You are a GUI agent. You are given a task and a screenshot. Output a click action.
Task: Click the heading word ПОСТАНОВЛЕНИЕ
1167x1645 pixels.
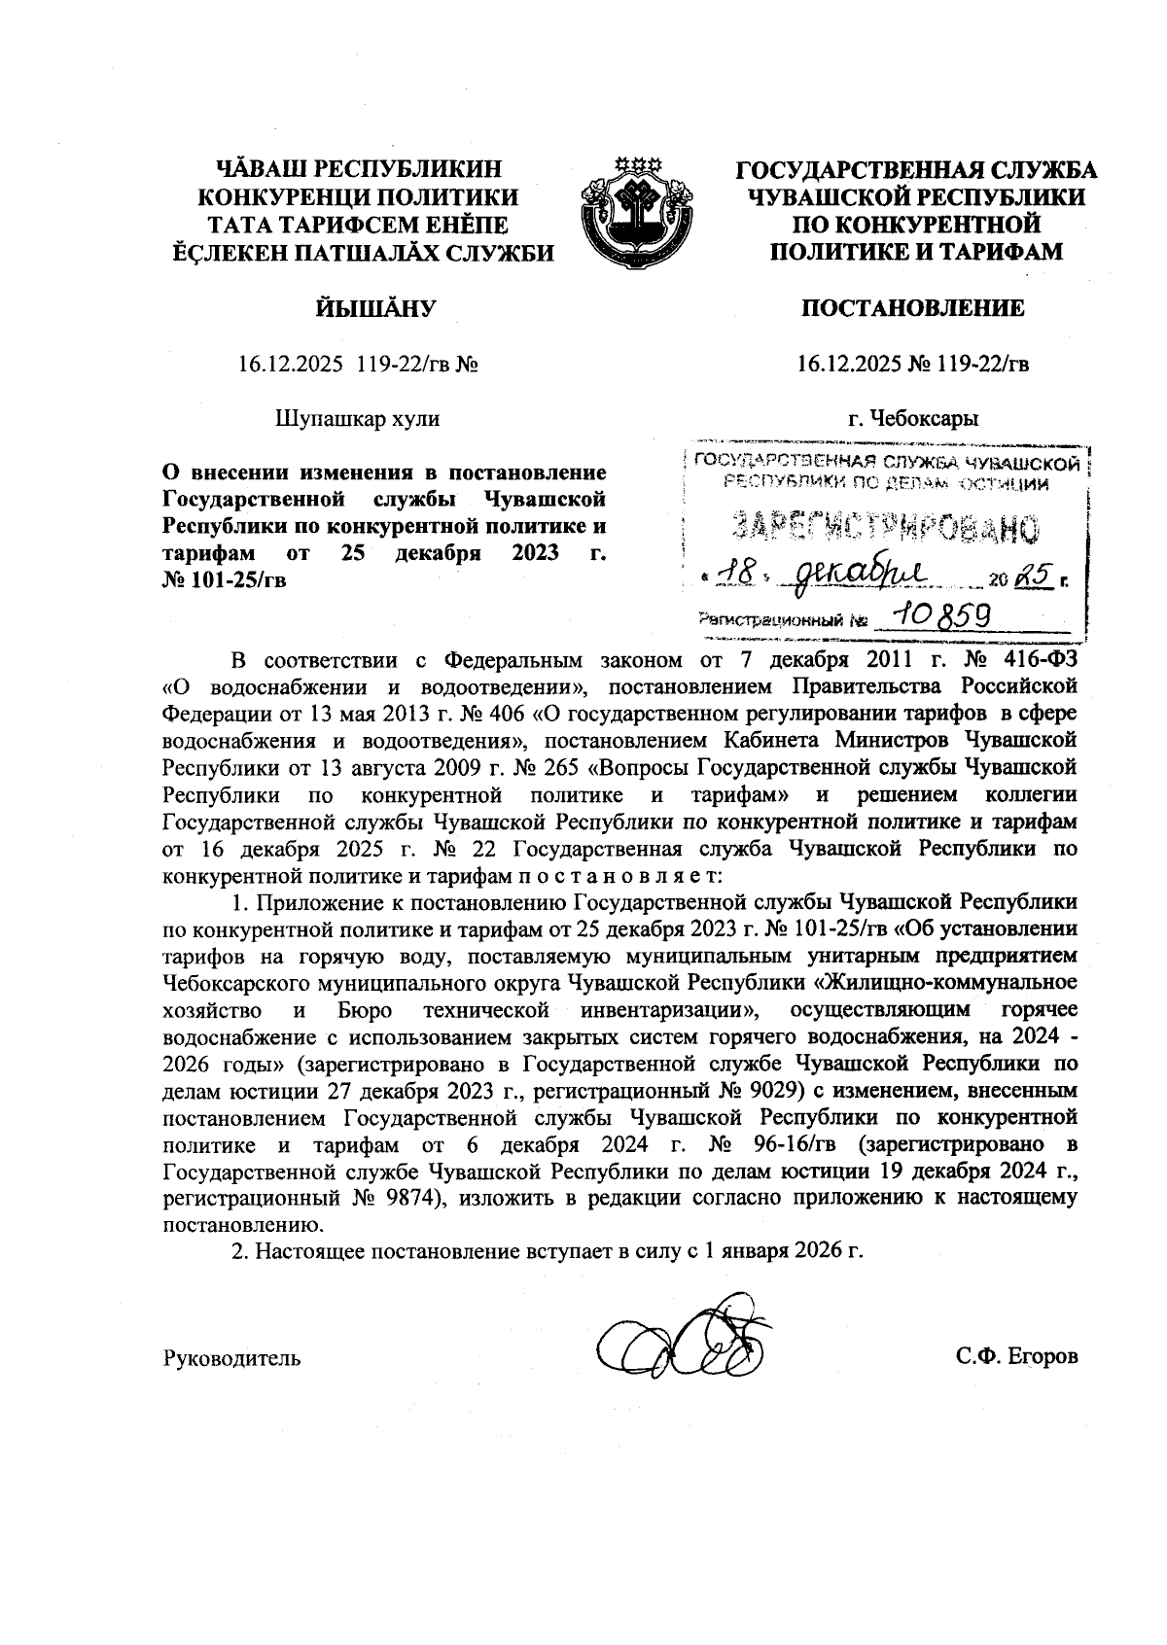[x=912, y=309]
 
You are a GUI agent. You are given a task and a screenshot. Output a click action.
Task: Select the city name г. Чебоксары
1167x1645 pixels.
[x=912, y=419]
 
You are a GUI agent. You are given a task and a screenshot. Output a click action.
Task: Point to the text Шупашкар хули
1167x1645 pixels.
[x=358, y=419]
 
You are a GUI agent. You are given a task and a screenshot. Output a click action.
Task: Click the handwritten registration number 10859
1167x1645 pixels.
[x=932, y=614]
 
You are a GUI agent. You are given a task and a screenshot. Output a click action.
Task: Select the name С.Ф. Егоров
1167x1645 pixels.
[x=1016, y=1356]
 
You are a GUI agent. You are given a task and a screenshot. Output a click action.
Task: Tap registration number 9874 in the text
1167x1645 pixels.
[x=408, y=1197]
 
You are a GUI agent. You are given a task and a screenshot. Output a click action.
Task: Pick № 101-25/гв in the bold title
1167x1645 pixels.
[x=224, y=580]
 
